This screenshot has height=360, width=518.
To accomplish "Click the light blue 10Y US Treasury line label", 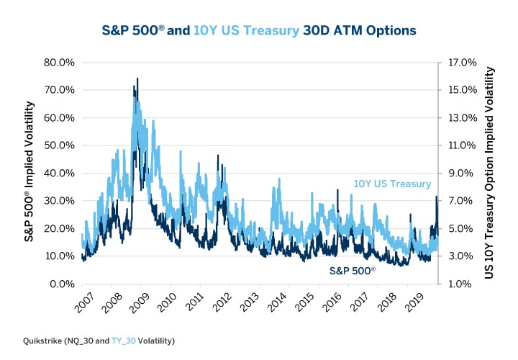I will [x=392, y=184].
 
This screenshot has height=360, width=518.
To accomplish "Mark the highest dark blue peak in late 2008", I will [x=137, y=78].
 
